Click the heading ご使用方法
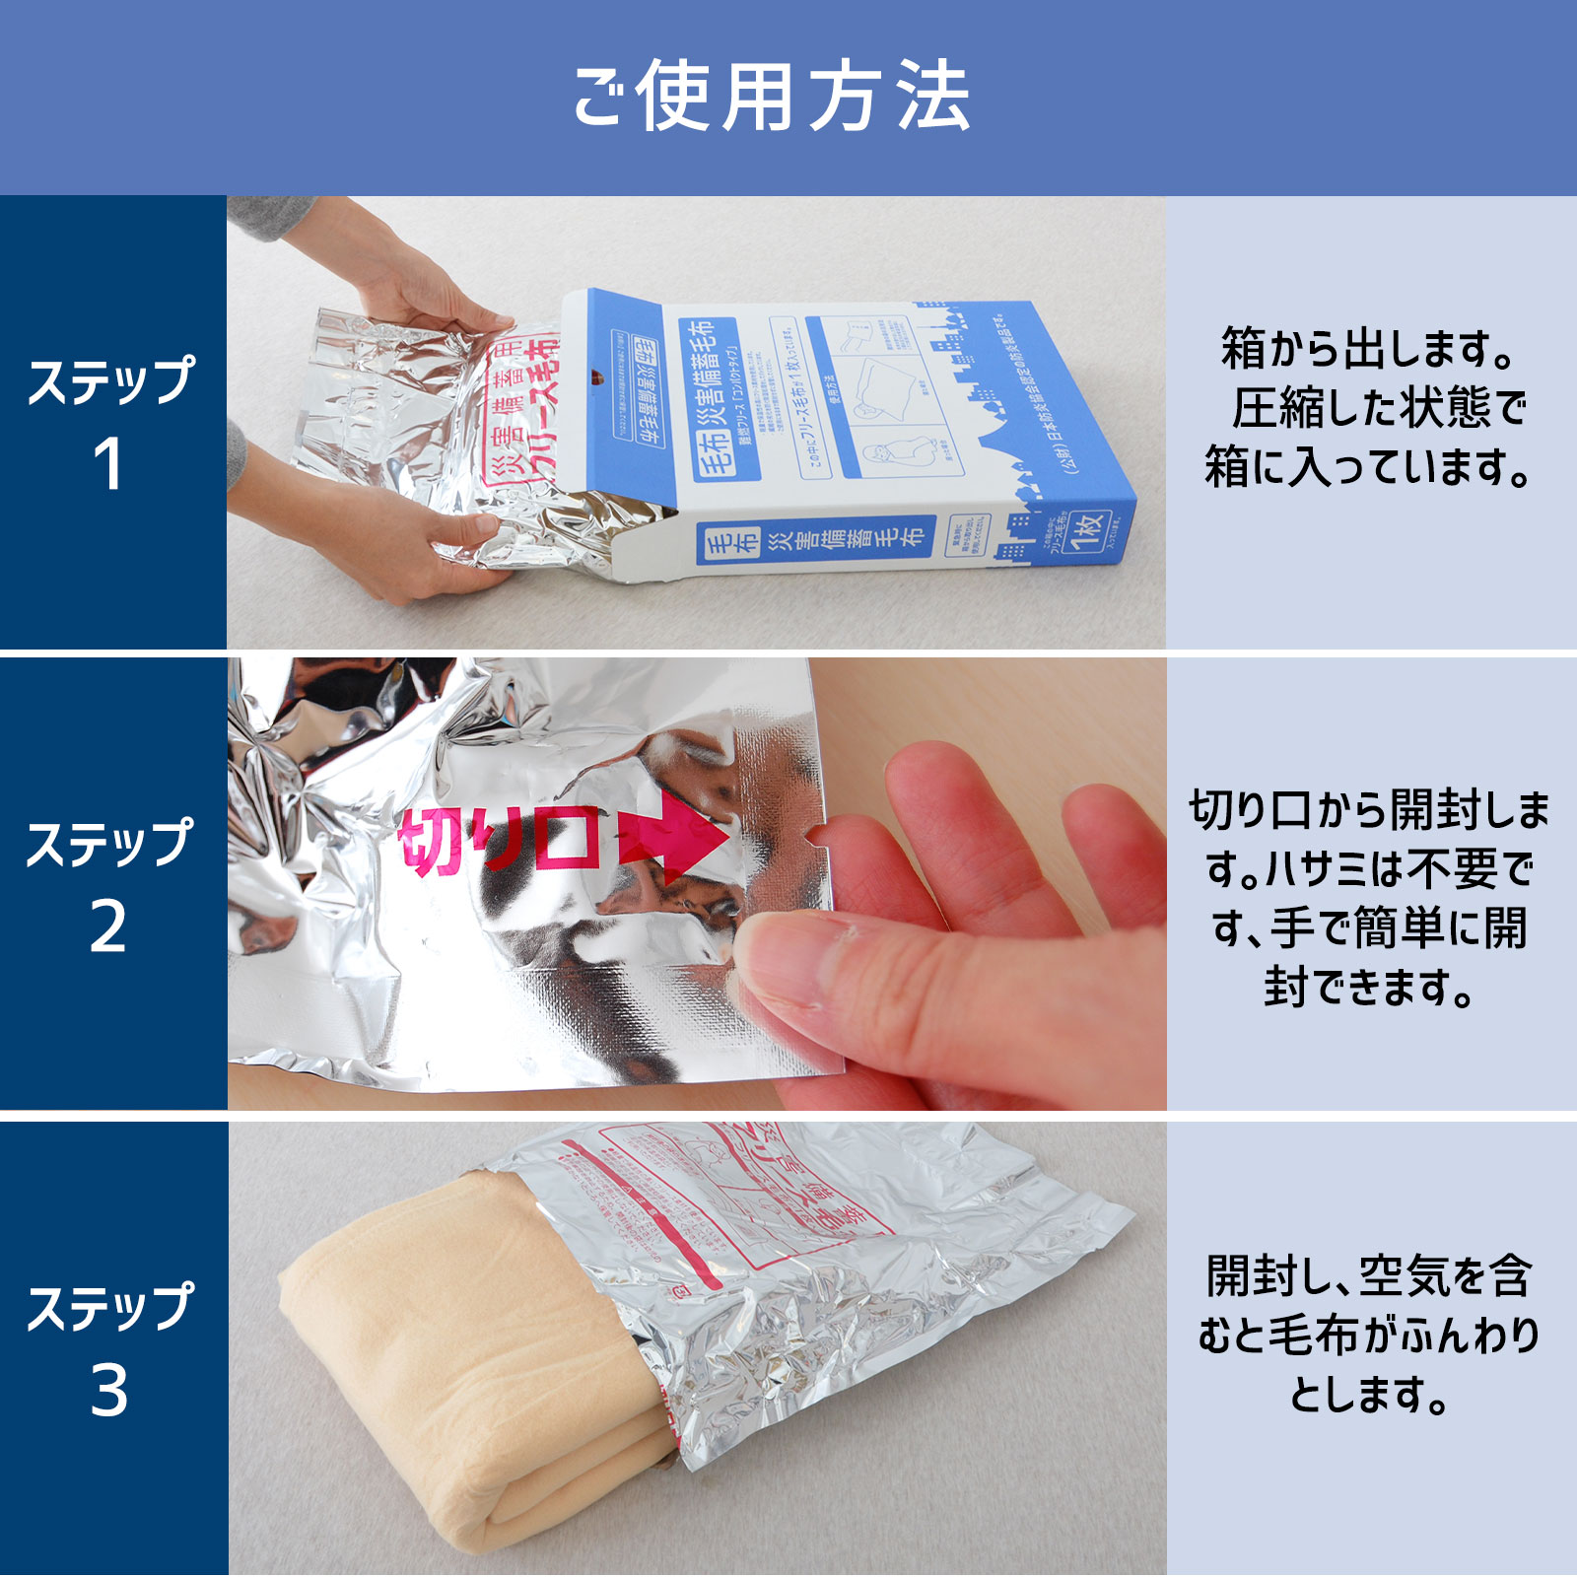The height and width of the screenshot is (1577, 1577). coord(772,97)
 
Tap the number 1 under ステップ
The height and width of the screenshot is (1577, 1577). coord(108,464)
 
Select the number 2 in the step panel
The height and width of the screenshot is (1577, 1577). coord(108,927)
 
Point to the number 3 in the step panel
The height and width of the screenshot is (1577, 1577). coord(108,1391)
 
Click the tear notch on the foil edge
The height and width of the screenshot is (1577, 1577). coord(814,837)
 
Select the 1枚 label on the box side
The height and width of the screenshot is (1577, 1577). coord(1088,532)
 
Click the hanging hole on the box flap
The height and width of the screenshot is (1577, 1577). coord(596,376)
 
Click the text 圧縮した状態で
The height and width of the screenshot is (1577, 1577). coord(1378,408)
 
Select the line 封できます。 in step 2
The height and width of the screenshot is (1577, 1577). coord(1368,988)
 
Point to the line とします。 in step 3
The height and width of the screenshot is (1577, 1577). coord(1368,1394)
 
